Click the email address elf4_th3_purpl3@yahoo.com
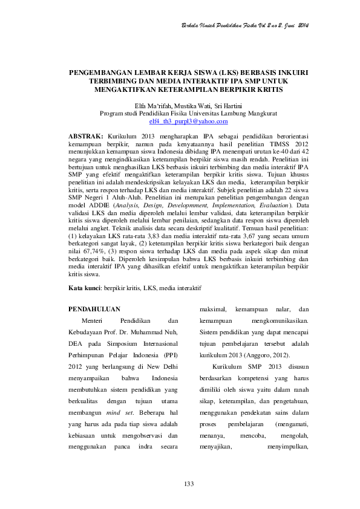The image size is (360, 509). [180, 122]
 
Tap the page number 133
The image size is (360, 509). [188, 485]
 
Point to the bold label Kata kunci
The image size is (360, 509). [85, 288]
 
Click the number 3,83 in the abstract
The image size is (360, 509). [154, 231]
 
